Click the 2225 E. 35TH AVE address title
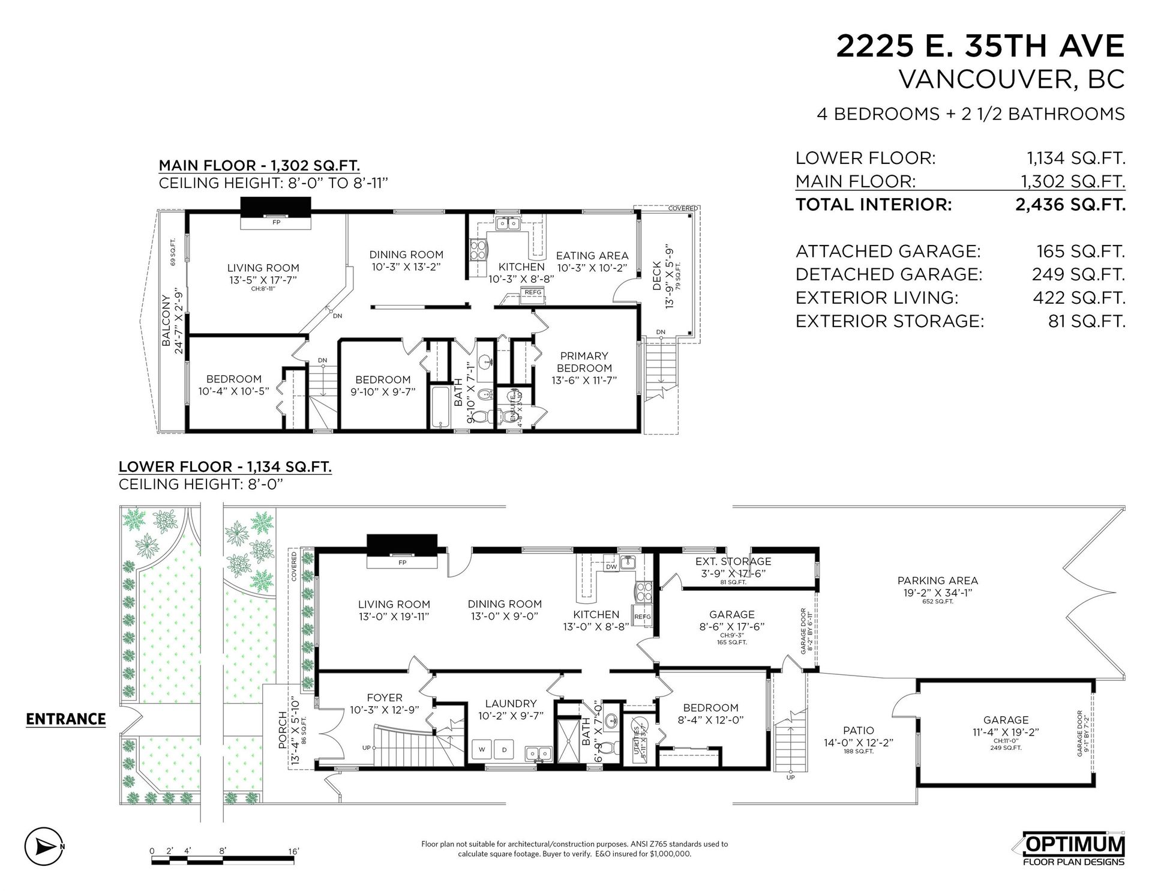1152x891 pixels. click(x=980, y=46)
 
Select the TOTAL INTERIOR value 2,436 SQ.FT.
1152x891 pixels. click(x=1069, y=205)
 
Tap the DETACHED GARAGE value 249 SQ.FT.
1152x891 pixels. click(x=1078, y=274)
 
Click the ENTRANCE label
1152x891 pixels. click(x=65, y=719)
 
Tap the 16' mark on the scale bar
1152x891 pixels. click(x=293, y=851)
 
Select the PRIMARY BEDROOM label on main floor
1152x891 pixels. click(x=584, y=361)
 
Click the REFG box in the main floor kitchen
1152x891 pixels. click(x=533, y=292)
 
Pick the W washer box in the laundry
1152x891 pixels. click(x=483, y=750)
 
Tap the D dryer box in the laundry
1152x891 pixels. click(x=504, y=750)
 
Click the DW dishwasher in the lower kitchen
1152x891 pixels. click(x=611, y=566)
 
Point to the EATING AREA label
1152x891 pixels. click(x=592, y=256)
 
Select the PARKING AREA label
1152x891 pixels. click(x=937, y=581)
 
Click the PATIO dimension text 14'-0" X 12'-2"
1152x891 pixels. click(x=858, y=742)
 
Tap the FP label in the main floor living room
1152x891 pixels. click(x=277, y=222)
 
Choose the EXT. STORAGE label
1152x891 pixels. click(x=733, y=561)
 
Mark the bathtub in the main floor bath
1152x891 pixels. click(x=440, y=407)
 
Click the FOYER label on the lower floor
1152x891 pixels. click(x=384, y=698)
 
